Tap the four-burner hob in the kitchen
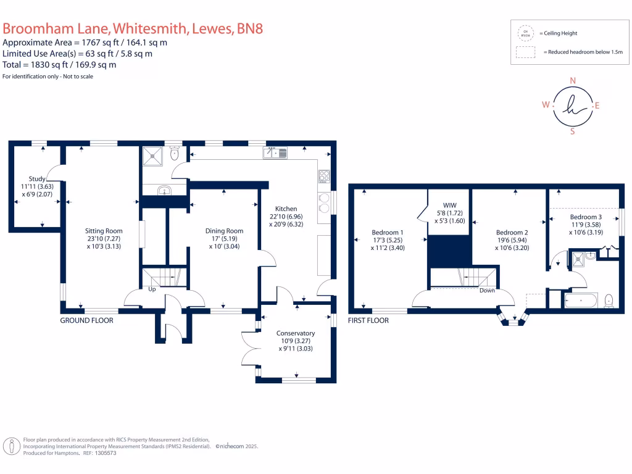click(324, 177)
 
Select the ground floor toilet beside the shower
click(175, 154)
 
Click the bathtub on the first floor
click(581, 301)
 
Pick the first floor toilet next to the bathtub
click(609, 301)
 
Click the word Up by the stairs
click(151, 289)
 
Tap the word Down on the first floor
click(487, 290)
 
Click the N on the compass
click(572, 81)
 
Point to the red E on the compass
click(597, 106)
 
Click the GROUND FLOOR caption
click(86, 320)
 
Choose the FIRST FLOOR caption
click(368, 320)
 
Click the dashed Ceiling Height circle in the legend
click(526, 32)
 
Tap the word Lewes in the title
click(211, 28)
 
